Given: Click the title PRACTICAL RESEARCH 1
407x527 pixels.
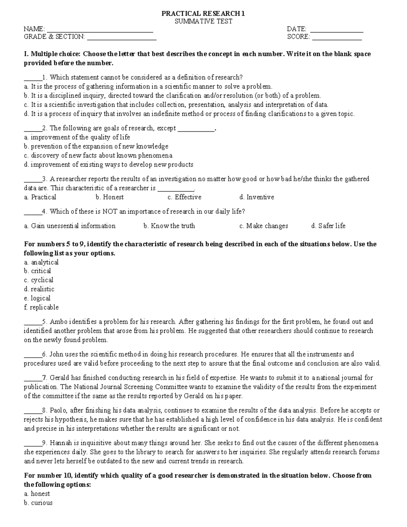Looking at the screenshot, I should [203, 14].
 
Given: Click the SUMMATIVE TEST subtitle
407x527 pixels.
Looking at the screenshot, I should [203, 21].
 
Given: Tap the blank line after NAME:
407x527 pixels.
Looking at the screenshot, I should [100, 30].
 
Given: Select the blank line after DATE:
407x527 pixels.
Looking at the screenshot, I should [336, 30].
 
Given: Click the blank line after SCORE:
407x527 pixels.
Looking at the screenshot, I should [337, 38].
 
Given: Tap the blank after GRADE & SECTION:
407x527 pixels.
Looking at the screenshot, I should [122, 38].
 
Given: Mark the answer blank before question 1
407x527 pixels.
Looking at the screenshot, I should [33, 78].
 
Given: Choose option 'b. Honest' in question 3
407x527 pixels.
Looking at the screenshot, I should [110, 197].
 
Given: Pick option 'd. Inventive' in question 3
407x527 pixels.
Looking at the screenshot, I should [256, 197].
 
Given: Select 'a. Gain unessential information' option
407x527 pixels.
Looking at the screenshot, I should [70, 226].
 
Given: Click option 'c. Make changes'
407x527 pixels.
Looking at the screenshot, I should [264, 226].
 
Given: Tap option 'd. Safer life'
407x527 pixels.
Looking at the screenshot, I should [328, 226].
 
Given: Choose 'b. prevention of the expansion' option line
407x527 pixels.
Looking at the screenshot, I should [96, 147].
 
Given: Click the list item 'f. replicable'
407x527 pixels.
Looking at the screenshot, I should [41, 307].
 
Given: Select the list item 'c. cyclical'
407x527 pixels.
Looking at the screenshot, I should [38, 280].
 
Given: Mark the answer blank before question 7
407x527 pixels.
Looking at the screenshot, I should [33, 378].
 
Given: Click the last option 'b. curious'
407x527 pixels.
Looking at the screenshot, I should [38, 503].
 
